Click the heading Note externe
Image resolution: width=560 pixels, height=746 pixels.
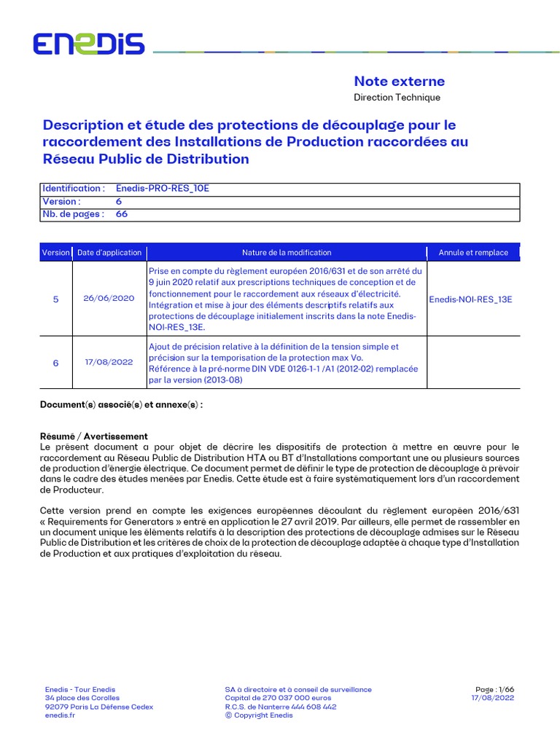point(399,81)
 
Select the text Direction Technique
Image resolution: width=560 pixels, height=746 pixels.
point(397,97)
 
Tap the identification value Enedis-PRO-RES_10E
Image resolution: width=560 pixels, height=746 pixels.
point(163,188)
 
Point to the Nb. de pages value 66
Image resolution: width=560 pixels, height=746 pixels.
point(122,214)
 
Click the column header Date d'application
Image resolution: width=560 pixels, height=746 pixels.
point(109,253)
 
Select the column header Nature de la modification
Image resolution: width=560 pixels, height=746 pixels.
point(287,253)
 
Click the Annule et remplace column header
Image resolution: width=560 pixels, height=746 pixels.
point(473,253)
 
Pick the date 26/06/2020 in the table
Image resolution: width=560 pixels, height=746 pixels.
point(109,299)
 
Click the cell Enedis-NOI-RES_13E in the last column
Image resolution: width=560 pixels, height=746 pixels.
point(470,299)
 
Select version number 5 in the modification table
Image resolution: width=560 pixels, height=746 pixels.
point(56,299)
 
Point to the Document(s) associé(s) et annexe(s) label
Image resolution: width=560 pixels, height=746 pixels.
point(121,404)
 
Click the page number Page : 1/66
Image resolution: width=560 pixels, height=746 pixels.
point(494,689)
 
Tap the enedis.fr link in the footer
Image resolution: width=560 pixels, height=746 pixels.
point(60,715)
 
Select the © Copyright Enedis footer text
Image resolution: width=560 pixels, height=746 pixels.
point(259,715)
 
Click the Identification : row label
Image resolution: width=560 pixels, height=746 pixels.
point(74,188)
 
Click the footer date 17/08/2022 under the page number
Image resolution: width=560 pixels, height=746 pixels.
point(493,698)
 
